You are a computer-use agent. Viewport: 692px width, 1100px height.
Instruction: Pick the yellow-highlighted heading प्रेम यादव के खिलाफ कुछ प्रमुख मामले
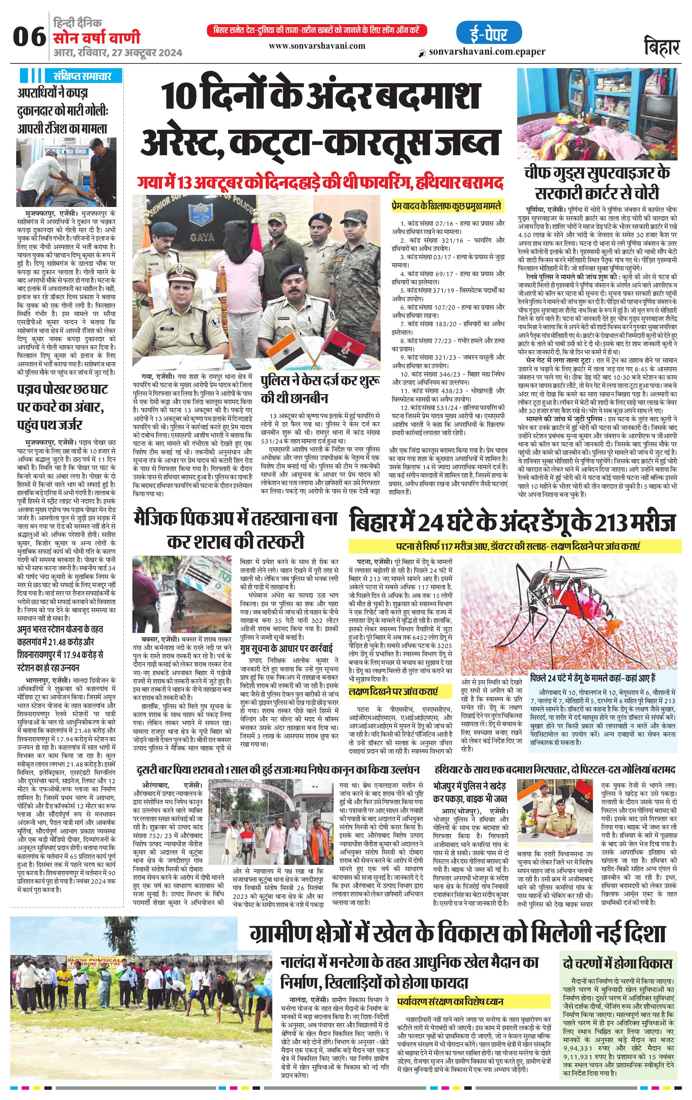(446, 206)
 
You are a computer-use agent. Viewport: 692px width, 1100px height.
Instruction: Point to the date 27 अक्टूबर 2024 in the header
(145, 53)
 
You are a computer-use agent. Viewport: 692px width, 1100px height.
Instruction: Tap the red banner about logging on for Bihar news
(317, 31)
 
